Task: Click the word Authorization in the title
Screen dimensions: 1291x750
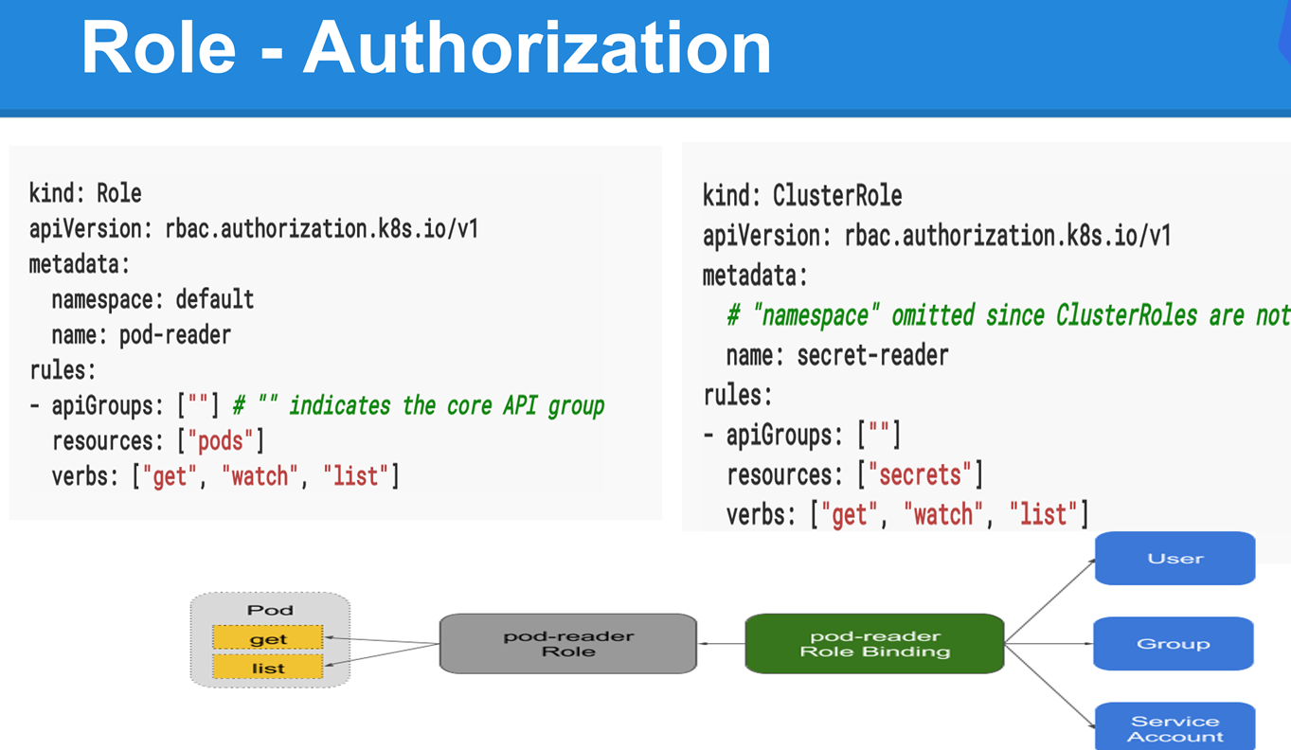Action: (x=537, y=47)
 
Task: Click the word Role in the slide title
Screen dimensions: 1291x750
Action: (x=159, y=47)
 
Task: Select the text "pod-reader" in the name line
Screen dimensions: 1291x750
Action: (x=175, y=335)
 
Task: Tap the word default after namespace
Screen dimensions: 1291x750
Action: (x=215, y=299)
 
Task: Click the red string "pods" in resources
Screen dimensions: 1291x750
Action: (x=220, y=441)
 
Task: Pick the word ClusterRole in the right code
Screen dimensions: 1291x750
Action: (x=837, y=196)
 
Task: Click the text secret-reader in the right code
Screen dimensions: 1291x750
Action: (x=872, y=355)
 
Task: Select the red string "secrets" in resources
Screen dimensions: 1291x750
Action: (x=920, y=475)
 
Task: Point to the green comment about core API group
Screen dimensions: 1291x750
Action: (x=419, y=406)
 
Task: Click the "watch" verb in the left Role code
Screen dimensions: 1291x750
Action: (x=260, y=476)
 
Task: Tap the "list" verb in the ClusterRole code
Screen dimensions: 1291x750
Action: (x=1043, y=514)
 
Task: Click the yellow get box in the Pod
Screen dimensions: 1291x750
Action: (x=268, y=638)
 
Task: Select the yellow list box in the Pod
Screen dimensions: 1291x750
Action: (x=268, y=668)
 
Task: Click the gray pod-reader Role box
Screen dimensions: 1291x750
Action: (x=568, y=643)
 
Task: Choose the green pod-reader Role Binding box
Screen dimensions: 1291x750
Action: (x=875, y=643)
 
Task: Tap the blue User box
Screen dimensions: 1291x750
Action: (x=1175, y=558)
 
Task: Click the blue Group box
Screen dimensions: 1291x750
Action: (x=1174, y=643)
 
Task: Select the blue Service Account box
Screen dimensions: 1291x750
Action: (x=1175, y=727)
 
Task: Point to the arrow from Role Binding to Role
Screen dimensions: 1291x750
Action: (x=722, y=643)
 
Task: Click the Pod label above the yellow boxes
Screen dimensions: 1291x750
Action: (x=270, y=610)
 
